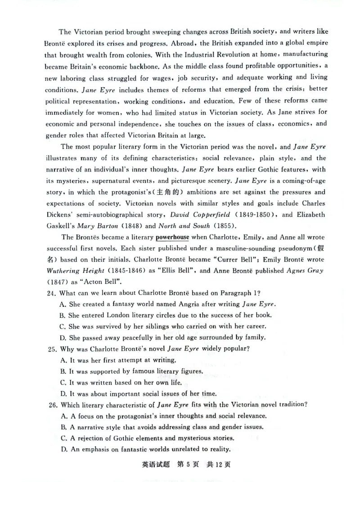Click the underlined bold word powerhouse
pyautogui.click(x=172, y=237)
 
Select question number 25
pyautogui.click(x=51, y=349)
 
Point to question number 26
pyautogui.click(x=51, y=405)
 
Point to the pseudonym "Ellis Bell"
pyautogui.click(x=176, y=271)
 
